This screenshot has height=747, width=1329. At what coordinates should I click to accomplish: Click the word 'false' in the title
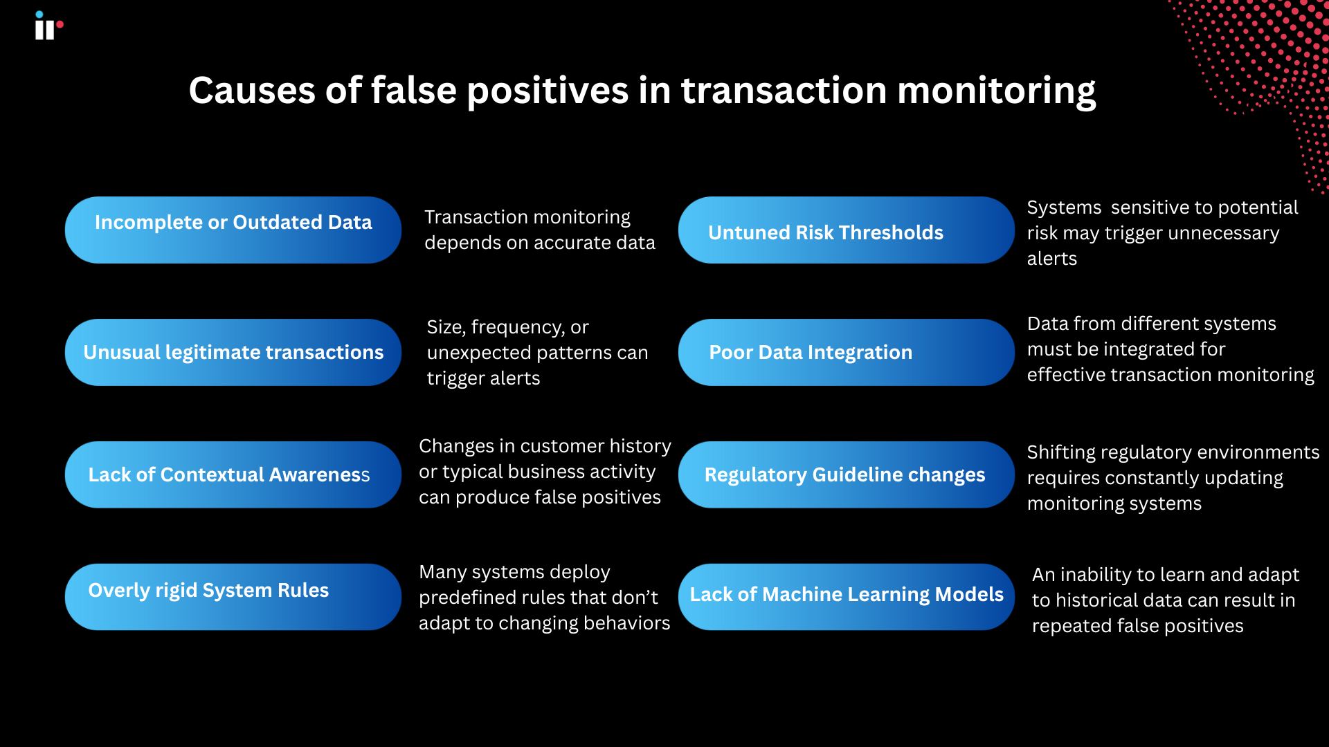tap(413, 91)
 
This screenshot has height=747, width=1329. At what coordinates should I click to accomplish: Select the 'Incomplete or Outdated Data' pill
tap(233, 230)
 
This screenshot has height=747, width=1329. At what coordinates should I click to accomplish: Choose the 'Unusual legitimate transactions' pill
tap(233, 352)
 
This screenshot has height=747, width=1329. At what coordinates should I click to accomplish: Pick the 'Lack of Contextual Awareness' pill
tap(233, 474)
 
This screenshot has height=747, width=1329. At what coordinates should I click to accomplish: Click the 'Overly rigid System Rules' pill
tap(233, 596)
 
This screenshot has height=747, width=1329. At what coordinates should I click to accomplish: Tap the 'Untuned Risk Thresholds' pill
tap(846, 230)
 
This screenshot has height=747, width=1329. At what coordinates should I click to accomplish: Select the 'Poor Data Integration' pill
tap(846, 352)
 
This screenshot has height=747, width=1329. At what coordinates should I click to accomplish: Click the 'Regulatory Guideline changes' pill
tap(846, 474)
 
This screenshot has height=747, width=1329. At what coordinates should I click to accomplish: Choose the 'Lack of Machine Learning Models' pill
tap(846, 596)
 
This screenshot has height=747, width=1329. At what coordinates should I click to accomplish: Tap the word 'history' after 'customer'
tap(640, 446)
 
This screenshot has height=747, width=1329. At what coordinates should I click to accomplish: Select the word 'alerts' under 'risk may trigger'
tap(1051, 259)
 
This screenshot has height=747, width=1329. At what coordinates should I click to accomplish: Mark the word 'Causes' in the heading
tap(251, 91)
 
